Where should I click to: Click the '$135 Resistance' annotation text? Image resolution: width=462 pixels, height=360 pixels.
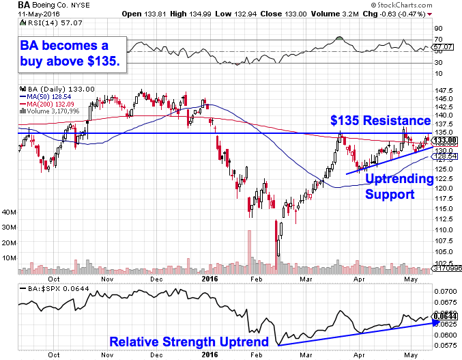click(x=380, y=121)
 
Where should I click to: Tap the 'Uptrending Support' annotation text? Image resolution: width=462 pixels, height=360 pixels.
click(x=399, y=186)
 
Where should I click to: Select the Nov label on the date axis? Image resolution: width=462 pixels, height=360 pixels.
click(x=106, y=279)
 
